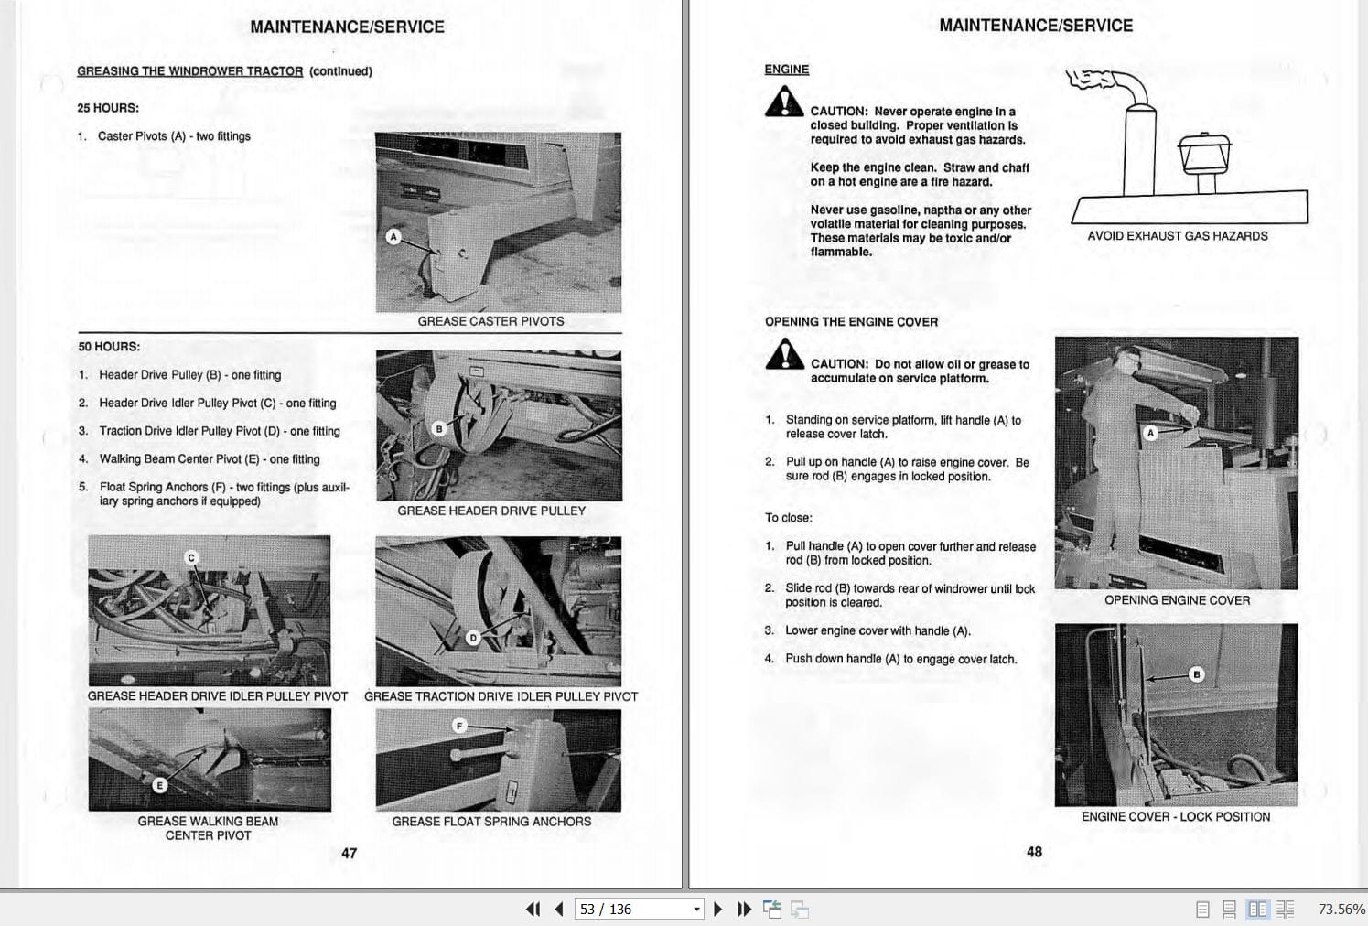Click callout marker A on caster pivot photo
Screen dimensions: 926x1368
pos(393,237)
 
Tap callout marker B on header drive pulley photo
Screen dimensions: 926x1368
pos(438,428)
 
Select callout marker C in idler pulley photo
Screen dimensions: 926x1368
pos(191,557)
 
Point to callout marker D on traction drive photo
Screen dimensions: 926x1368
pos(473,637)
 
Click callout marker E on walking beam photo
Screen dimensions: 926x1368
pos(159,785)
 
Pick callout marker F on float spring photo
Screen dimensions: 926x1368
pos(460,726)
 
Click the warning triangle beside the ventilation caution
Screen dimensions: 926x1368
pos(784,102)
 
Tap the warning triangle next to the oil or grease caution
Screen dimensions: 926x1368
pos(784,355)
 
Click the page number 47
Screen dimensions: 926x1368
pos(349,853)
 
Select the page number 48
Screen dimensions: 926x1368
pos(1034,852)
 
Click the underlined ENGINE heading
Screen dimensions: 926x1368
pos(786,70)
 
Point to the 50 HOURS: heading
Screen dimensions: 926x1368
pos(109,347)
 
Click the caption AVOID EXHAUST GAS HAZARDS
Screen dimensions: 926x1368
pos(1177,236)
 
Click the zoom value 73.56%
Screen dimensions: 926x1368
pos(1341,909)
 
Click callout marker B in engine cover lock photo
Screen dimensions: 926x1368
pos(1196,674)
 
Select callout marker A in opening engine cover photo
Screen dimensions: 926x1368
pos(1151,432)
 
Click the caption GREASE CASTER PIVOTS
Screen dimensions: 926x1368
pos(490,321)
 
